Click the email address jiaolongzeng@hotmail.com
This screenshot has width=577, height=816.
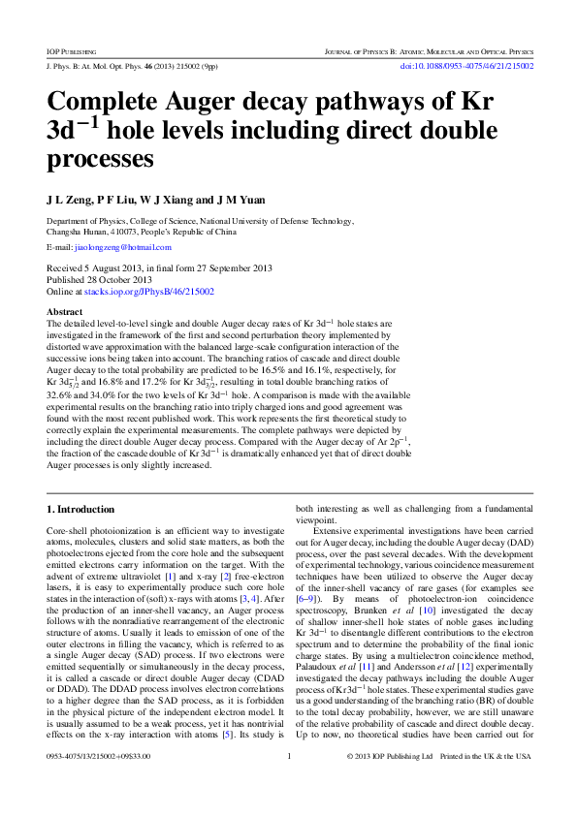tap(116, 248)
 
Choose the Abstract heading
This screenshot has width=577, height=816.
tap(65, 312)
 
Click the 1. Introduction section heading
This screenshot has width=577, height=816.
tap(80, 508)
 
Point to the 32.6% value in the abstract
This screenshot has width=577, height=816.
tap(64, 395)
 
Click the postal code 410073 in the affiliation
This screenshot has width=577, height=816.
tap(123, 233)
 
